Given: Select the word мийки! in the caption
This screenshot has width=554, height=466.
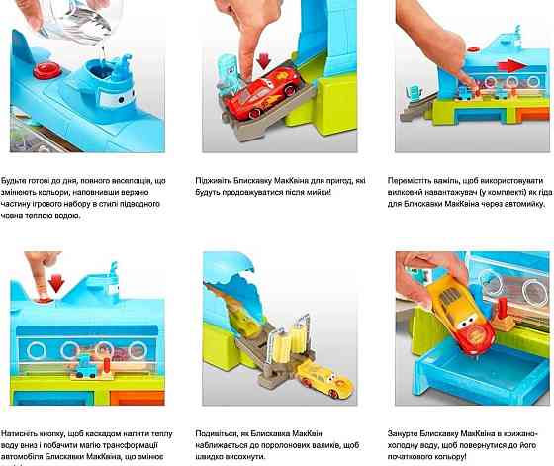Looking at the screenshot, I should point(313,192).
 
